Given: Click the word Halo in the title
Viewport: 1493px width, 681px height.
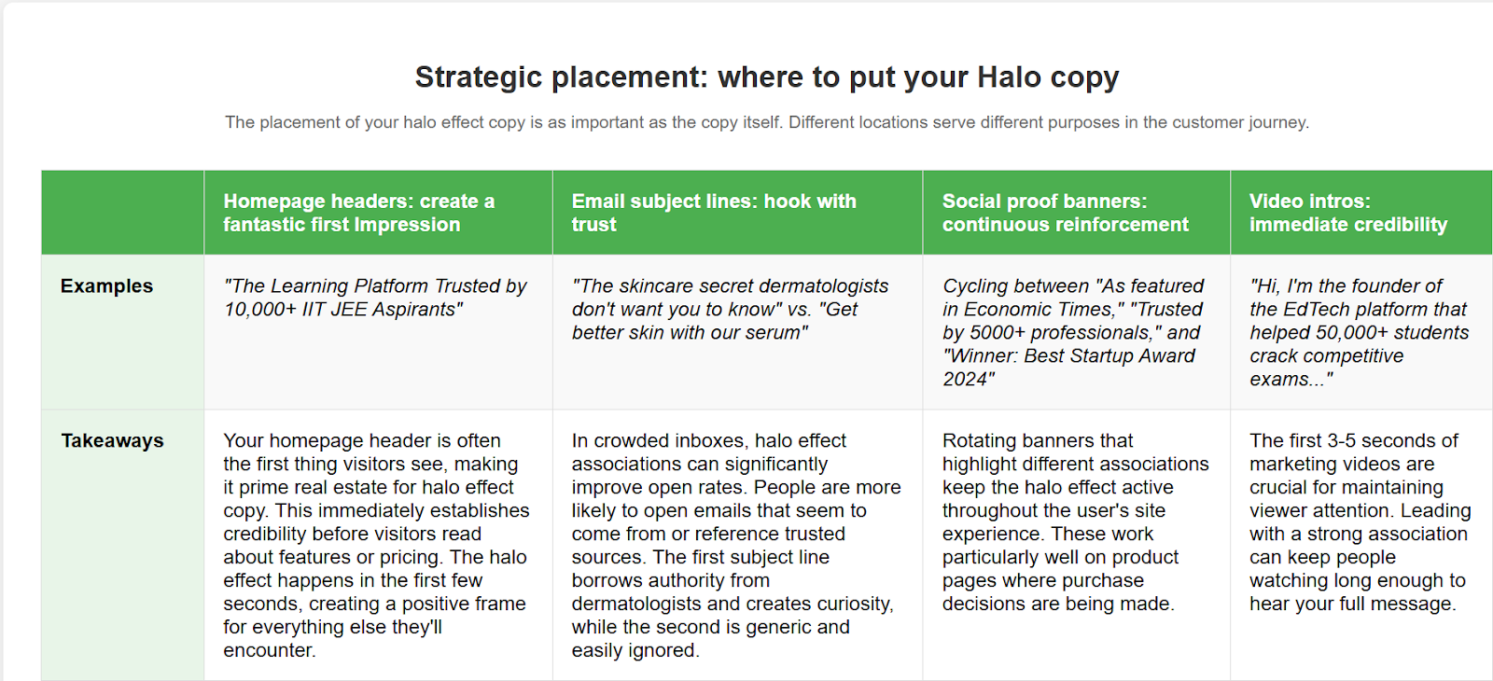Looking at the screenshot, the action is coord(1009,76).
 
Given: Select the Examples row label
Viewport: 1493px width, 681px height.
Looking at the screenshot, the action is coord(106,285).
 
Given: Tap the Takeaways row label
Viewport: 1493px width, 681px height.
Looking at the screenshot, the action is coord(113,440).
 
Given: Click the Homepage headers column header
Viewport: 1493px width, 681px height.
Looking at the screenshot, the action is coord(358,213).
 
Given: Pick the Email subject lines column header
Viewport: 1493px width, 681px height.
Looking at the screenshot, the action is coord(714,213).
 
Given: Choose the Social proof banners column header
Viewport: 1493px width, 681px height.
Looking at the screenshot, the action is coord(1065,213).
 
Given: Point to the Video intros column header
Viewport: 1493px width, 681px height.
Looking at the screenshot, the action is coord(1348,213).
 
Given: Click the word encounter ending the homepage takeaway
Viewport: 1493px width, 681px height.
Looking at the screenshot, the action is coord(268,650).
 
